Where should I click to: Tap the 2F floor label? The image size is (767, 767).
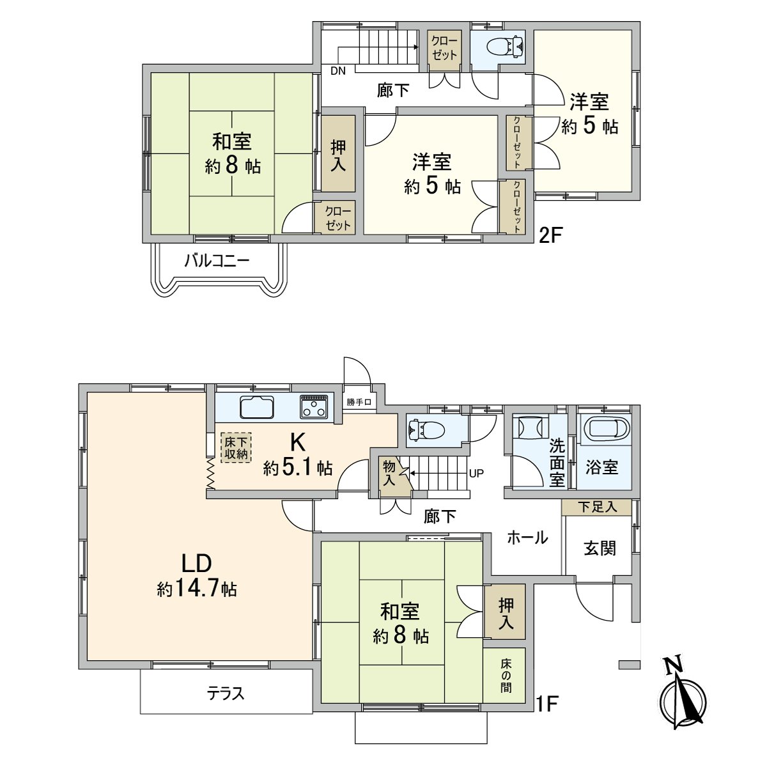tap(550, 235)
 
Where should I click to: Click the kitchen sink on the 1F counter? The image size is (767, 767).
tap(257, 407)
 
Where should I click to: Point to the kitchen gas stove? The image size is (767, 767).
tap(314, 407)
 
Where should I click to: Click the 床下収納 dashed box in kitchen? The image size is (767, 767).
tap(236, 447)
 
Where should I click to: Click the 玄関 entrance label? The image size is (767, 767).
tap(600, 547)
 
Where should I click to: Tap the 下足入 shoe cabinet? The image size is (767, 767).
tap(597, 507)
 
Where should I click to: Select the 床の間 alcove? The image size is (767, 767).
tap(505, 676)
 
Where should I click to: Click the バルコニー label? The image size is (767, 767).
tap(217, 261)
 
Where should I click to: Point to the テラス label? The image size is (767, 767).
tap(226, 693)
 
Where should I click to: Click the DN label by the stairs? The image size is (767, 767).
tap(337, 71)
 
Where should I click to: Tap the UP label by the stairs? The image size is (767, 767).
tap(477, 474)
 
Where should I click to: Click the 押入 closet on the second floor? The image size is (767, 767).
tap(338, 155)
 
